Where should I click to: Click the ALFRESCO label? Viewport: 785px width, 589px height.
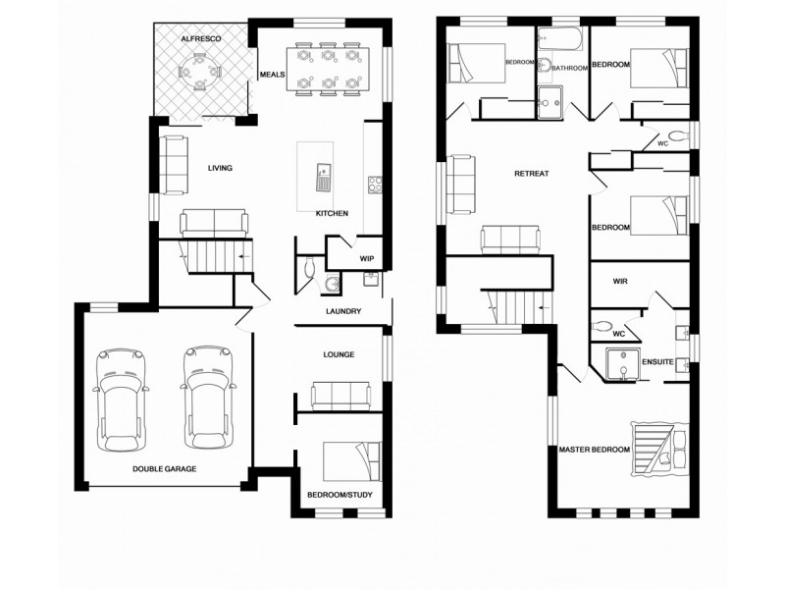click(x=201, y=37)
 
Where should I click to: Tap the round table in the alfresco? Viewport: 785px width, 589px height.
click(x=200, y=72)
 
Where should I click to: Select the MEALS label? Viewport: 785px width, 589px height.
click(x=272, y=75)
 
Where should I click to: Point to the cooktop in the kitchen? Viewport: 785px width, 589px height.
click(x=374, y=185)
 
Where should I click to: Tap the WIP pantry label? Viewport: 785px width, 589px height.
click(x=367, y=259)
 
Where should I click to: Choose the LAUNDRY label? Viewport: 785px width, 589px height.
click(x=343, y=312)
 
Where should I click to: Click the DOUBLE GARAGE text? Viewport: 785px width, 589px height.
click(x=164, y=469)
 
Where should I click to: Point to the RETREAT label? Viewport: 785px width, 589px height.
click(x=531, y=174)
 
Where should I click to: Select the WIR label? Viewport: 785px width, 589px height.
click(x=619, y=281)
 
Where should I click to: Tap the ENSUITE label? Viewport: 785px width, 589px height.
click(x=656, y=362)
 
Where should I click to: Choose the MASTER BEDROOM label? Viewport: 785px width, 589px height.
click(x=594, y=450)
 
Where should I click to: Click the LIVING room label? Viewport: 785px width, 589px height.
click(x=220, y=168)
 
